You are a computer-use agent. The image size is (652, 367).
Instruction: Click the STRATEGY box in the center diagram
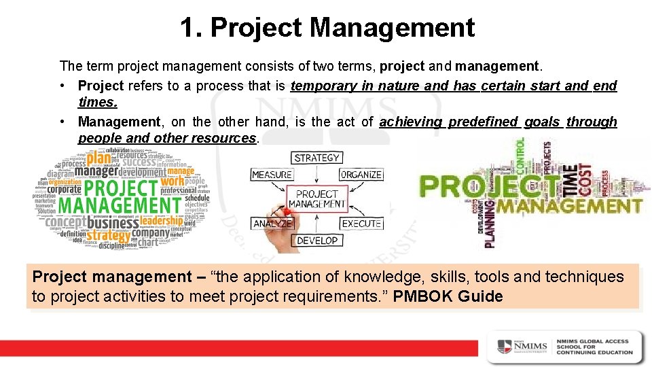(x=316, y=158)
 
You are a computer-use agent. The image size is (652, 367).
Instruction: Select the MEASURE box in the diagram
(x=272, y=175)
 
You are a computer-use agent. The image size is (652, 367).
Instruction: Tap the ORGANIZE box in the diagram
(x=361, y=175)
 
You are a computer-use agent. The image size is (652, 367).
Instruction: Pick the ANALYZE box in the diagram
(x=272, y=224)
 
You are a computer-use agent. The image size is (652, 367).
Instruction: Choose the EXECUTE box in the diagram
(x=361, y=224)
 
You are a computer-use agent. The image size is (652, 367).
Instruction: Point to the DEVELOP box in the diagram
(x=316, y=241)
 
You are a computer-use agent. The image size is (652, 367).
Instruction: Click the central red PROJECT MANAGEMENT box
(x=316, y=199)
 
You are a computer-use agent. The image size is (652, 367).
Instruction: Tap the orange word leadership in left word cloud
(x=162, y=221)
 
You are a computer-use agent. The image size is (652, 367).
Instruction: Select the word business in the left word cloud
(x=113, y=223)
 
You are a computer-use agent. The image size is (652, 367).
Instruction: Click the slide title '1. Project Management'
(x=327, y=28)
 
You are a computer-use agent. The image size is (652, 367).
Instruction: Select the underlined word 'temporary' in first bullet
(x=323, y=86)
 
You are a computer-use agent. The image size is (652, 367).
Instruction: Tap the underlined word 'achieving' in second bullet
(x=410, y=122)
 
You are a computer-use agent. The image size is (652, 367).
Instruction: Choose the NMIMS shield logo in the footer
(x=505, y=346)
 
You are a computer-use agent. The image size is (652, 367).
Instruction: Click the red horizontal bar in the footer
(x=238, y=347)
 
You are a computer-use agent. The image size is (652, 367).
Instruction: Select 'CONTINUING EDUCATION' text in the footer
(x=594, y=352)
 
